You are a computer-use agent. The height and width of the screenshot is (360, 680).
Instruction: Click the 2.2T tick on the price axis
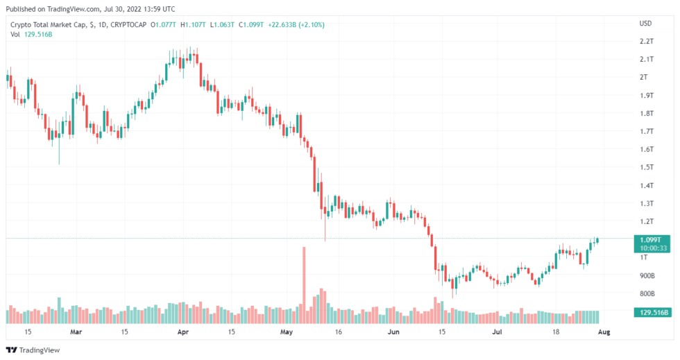(646, 41)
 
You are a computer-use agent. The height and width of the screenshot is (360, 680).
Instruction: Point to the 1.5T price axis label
(646, 167)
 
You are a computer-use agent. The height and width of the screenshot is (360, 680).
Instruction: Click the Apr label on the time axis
(184, 332)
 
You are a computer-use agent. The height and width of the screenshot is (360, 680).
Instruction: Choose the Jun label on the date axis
(393, 332)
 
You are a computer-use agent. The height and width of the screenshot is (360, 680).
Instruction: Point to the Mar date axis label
(76, 332)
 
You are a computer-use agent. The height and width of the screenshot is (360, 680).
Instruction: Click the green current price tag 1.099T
(652, 239)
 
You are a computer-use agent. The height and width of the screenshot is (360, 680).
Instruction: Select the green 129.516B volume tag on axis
(652, 313)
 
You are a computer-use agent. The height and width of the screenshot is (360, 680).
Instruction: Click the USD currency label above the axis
(645, 24)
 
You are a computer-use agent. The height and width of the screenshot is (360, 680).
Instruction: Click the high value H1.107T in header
(193, 25)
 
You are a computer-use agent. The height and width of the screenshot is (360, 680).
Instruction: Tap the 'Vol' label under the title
(15, 34)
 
